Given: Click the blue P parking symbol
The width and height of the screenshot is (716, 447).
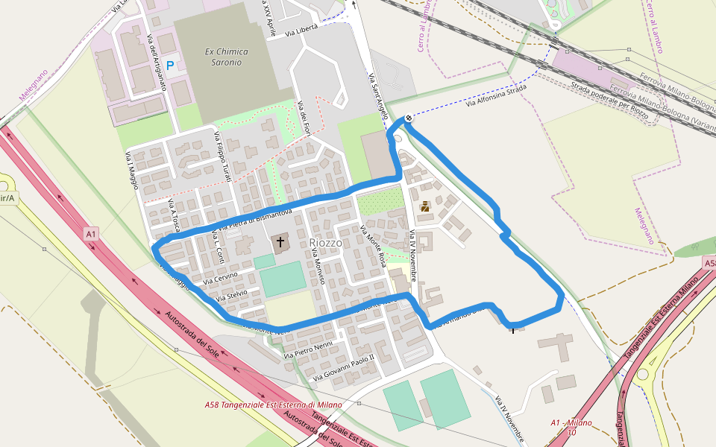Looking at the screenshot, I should tap(170, 66).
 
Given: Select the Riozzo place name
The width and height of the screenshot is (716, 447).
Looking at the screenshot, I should tap(326, 243).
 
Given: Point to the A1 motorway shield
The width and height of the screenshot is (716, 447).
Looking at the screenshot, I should tap(91, 234).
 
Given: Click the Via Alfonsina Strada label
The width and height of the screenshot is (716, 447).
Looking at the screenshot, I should tap(496, 98).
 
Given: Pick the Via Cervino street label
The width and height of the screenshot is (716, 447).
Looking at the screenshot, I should tap(220, 278).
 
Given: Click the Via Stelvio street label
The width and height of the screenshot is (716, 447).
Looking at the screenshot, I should tap(231, 296).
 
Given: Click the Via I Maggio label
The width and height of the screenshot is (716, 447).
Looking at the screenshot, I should tap(132, 171).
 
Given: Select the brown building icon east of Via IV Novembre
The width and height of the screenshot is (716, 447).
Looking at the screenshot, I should tap(424, 206).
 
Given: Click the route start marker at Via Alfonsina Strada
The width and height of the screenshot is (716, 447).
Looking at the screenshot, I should tap(409, 118).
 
